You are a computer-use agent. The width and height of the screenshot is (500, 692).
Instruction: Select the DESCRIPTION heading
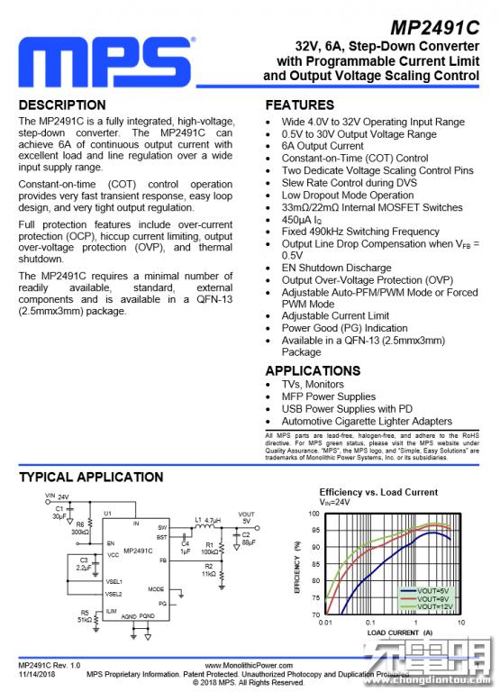(x=62, y=105)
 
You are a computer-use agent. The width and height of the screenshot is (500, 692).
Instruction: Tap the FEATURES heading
(x=300, y=105)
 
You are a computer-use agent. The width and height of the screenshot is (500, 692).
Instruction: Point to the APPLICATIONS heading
(x=313, y=370)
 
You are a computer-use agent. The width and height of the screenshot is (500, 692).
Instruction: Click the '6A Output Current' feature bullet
(x=323, y=146)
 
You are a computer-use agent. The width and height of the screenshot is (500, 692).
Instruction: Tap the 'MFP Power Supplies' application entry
(x=329, y=396)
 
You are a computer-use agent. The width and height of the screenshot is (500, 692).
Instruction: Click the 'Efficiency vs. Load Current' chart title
(x=378, y=492)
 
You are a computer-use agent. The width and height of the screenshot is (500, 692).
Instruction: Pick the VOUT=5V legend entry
(x=433, y=590)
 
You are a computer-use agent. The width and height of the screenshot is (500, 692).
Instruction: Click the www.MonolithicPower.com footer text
(x=250, y=665)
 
